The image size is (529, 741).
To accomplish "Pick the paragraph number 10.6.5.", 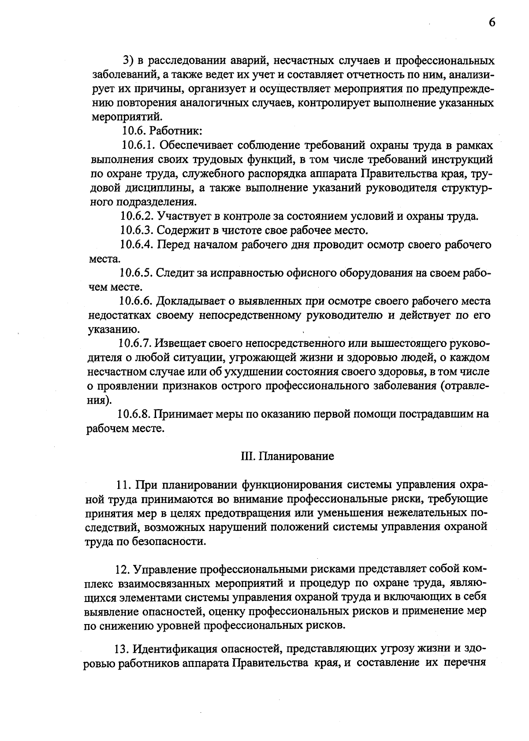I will point(136,273).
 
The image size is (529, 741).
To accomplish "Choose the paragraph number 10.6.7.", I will point(136,343).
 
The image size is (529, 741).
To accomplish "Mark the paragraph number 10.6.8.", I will point(134,414).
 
